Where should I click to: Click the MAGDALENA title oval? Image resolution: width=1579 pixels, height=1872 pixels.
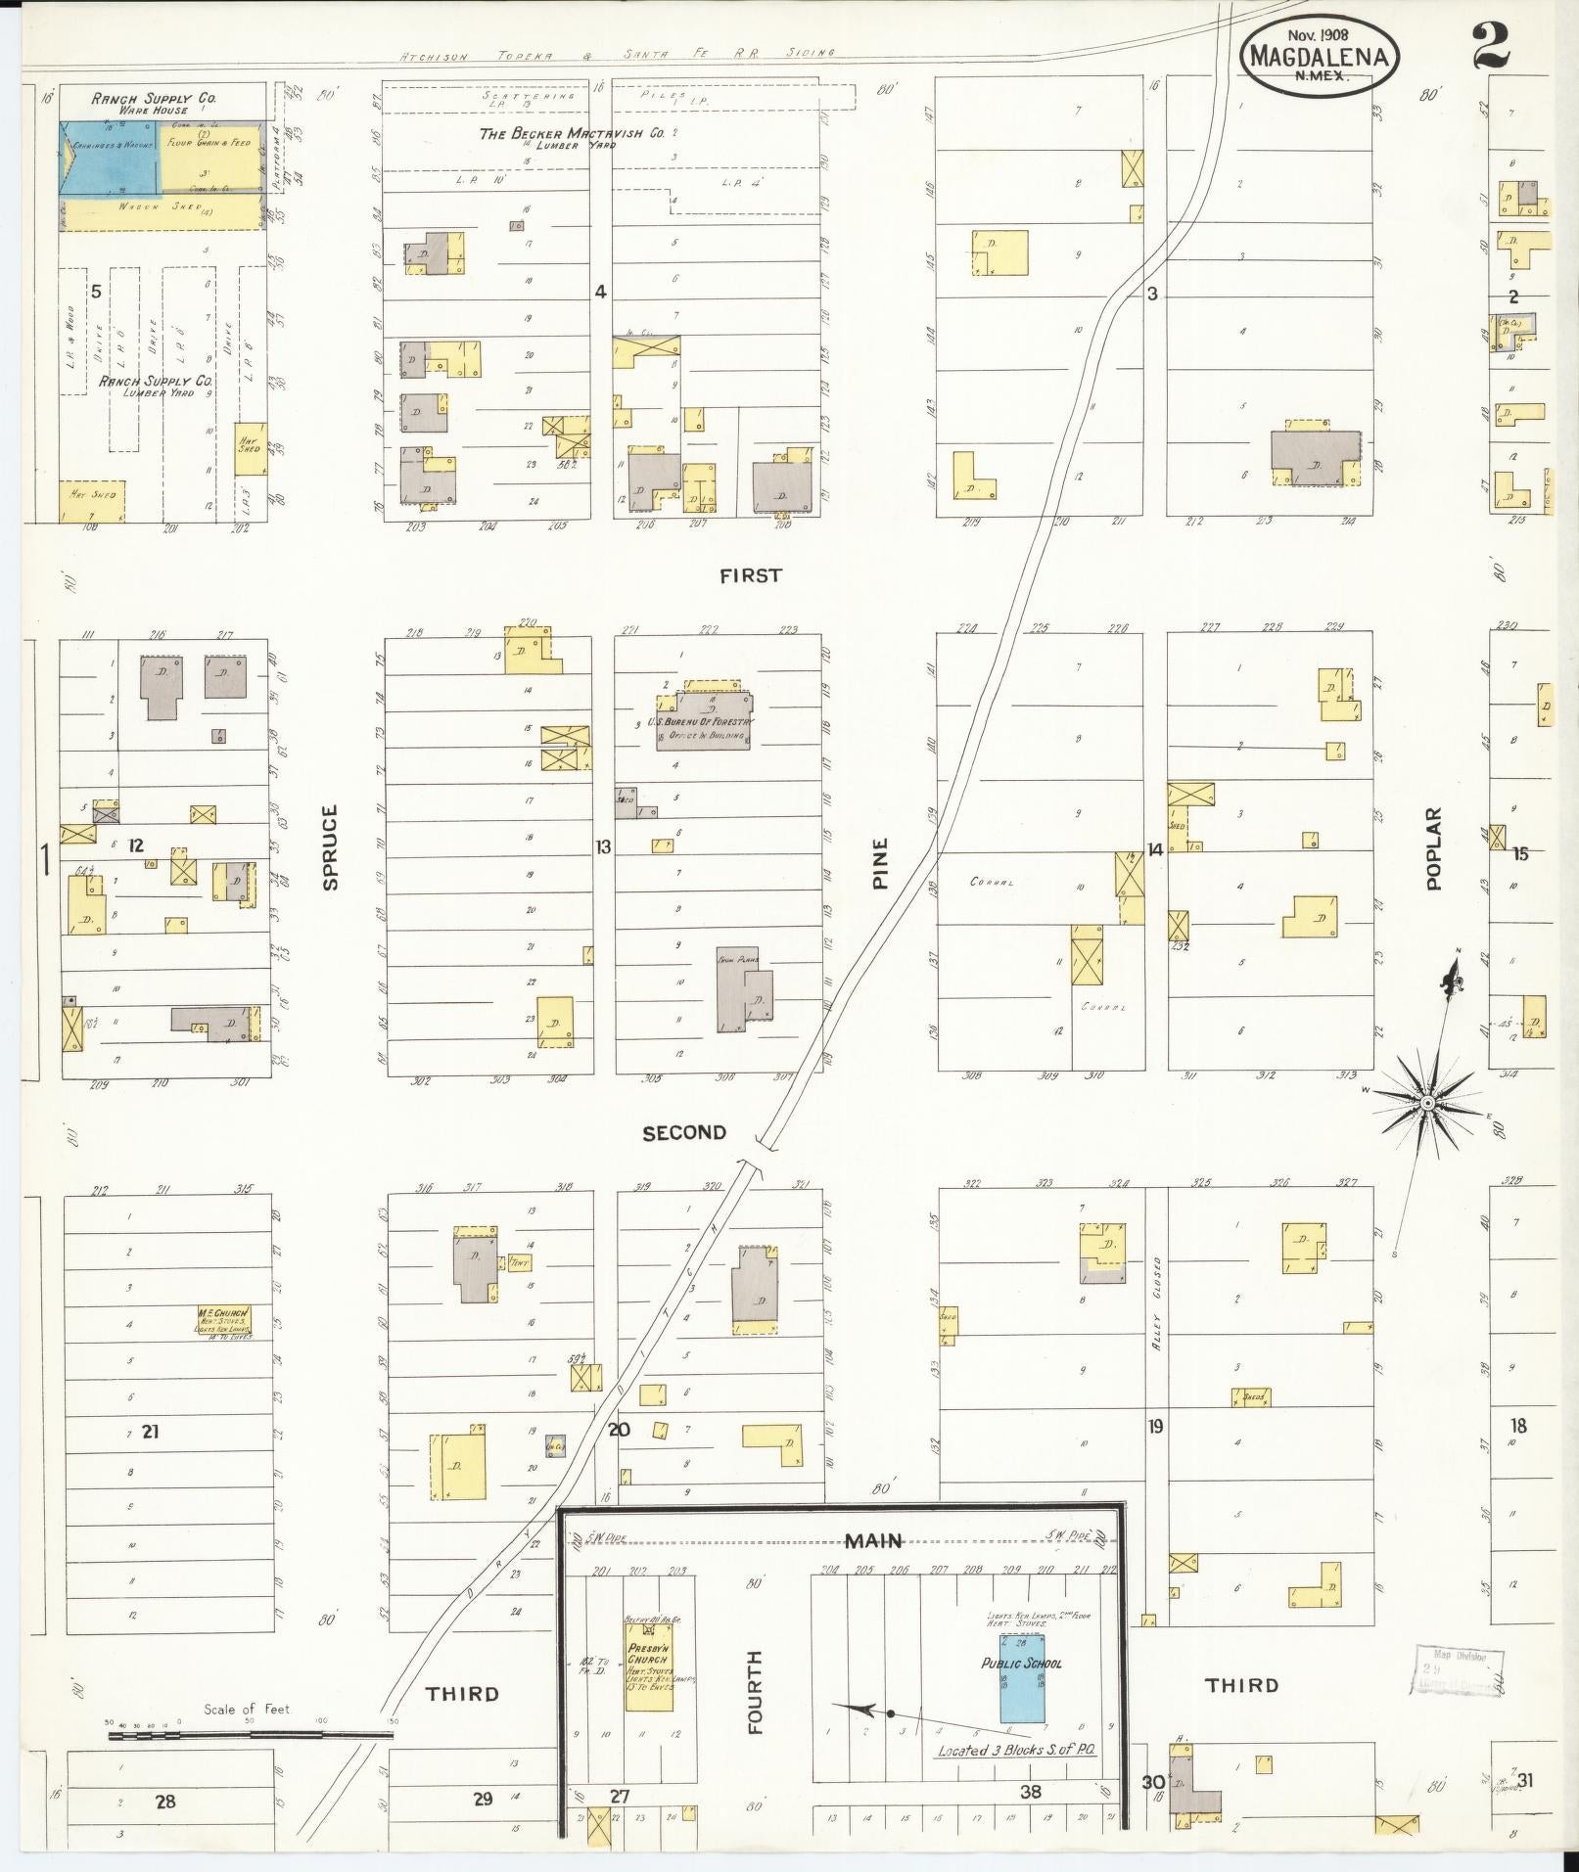[1319, 56]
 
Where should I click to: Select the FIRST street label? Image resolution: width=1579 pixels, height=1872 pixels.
[751, 575]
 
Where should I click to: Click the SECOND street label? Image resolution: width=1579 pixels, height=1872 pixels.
[684, 1132]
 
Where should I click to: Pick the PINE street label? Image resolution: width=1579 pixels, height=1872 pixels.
[880, 862]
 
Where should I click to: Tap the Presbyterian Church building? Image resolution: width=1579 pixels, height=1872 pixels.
[649, 1664]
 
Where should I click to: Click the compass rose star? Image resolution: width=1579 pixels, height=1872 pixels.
[1427, 1104]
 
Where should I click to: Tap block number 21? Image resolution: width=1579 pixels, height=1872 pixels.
[150, 1433]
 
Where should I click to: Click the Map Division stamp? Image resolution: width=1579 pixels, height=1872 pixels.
[1458, 1670]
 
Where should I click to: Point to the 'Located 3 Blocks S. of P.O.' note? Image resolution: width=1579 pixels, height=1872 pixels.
[1016, 1751]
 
